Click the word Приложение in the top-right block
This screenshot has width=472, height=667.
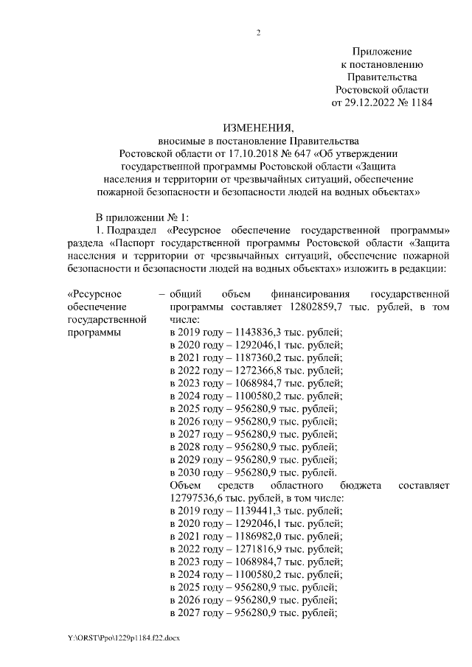click(382, 51)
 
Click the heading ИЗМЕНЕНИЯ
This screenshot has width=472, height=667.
click(257, 128)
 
